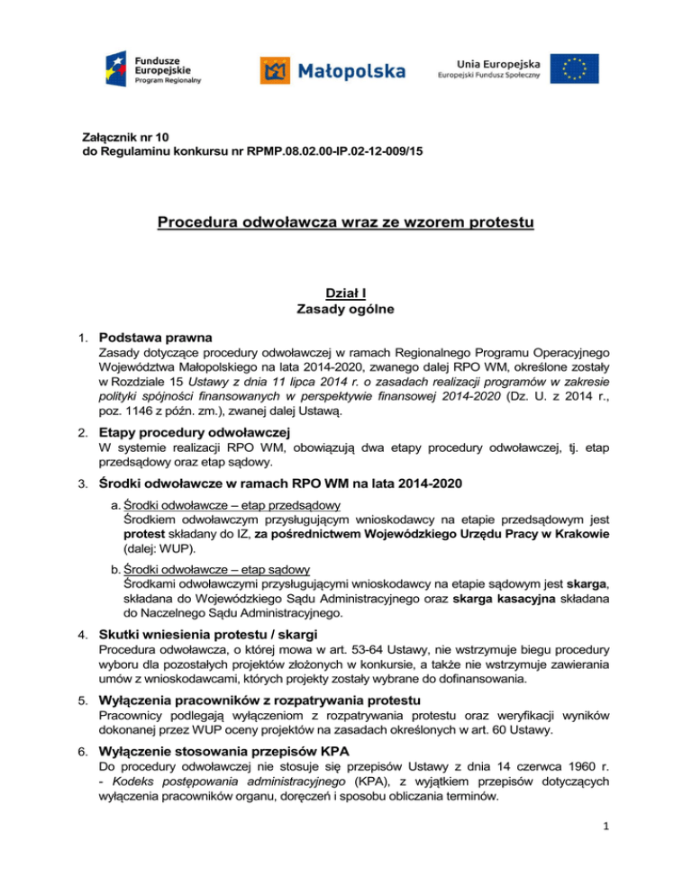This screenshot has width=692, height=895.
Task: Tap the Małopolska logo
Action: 332,69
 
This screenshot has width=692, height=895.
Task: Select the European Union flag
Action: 575,68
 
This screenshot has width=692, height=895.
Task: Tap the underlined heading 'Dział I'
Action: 345,292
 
